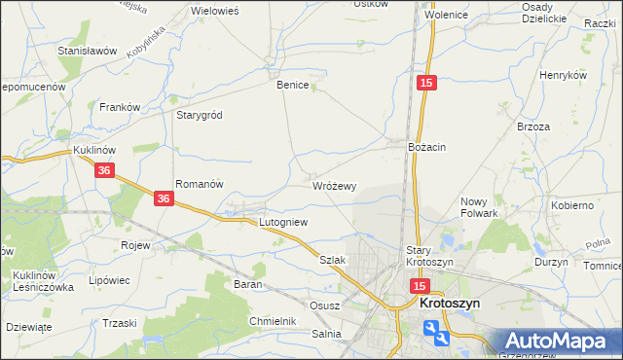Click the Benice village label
pos(292,85)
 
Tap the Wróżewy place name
pos(335,185)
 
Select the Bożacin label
pos(426,146)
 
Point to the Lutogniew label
pos(283,222)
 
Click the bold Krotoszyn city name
pos(456,303)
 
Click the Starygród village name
pos(199,115)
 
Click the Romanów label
pos(200,183)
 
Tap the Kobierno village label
pos(572,205)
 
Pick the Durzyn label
pos(551,263)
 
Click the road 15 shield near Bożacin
pos(426,85)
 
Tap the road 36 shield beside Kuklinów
pos(106,170)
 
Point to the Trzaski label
pos(119,323)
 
